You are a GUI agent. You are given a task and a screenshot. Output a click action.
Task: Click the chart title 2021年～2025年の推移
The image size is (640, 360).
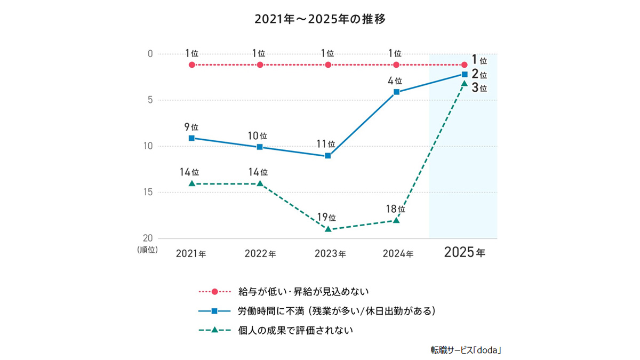(319, 20)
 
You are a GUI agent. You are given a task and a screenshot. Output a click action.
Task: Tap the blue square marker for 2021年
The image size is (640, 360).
(191, 138)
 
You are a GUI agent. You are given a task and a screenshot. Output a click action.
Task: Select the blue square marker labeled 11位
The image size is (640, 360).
(328, 156)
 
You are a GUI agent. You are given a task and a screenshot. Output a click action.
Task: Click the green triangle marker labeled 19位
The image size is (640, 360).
(328, 229)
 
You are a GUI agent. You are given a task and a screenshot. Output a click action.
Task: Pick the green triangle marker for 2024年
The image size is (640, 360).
(396, 220)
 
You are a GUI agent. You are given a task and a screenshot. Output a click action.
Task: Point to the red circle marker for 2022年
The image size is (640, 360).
(260, 65)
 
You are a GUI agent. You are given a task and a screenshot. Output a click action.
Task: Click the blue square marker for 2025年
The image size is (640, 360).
(465, 74)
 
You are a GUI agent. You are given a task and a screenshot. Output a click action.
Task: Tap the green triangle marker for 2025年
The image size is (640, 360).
(465, 84)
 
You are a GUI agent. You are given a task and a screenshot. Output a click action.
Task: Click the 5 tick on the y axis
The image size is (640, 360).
(151, 100)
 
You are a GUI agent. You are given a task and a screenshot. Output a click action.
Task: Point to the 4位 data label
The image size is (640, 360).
(395, 81)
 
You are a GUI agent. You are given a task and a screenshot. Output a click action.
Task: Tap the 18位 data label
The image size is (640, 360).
(395, 209)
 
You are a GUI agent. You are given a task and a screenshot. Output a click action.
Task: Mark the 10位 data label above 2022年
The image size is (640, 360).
(258, 135)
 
